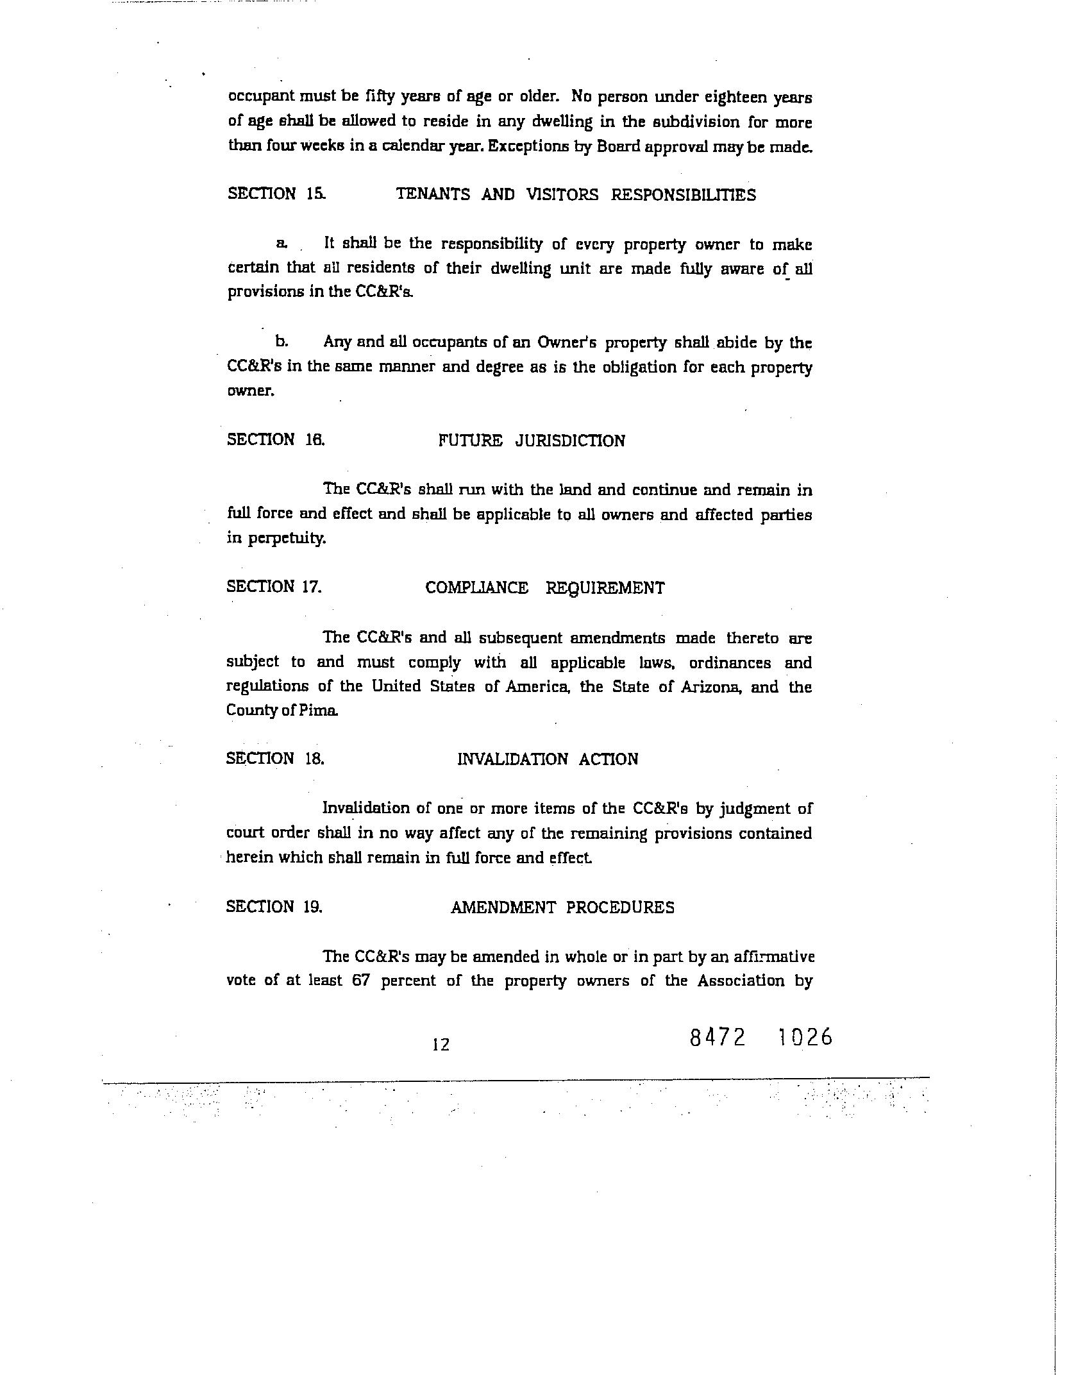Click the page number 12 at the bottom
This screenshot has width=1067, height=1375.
point(441,1045)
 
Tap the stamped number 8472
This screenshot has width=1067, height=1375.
point(718,1037)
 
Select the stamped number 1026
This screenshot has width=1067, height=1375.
point(804,1037)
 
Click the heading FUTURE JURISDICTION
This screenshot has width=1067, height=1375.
point(532,441)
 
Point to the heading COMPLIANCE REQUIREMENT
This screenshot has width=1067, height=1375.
point(544,588)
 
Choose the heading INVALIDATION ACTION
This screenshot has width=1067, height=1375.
point(548,759)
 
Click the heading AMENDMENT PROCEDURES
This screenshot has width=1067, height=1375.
point(562,907)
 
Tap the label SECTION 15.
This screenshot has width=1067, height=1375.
point(276,194)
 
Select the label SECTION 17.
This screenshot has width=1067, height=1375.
point(274,587)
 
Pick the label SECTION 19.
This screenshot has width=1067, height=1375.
point(274,907)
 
